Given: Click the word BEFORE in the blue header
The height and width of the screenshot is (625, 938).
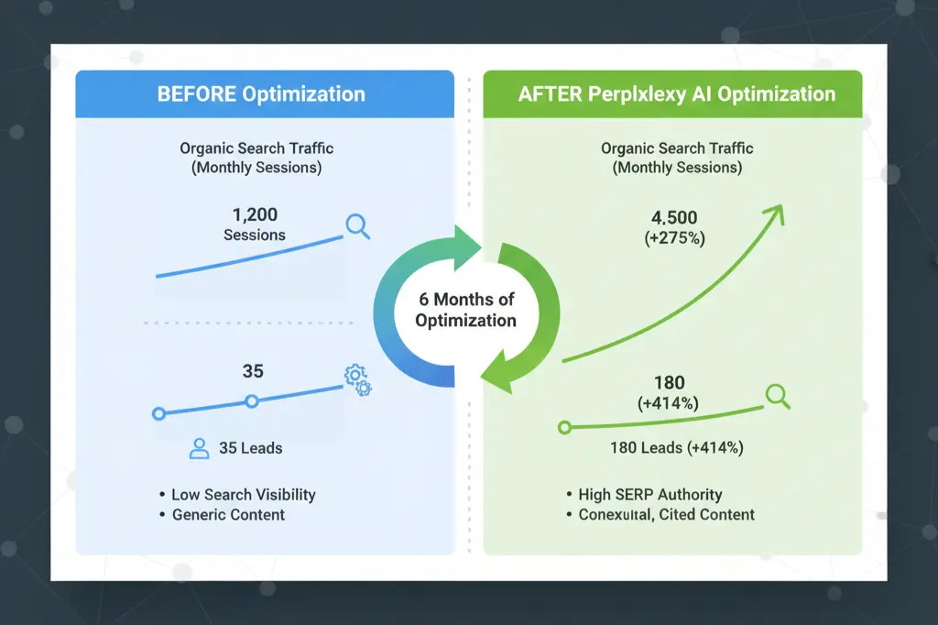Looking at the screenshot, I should coord(197,94).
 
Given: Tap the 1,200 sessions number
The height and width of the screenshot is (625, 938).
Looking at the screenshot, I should coord(254,215).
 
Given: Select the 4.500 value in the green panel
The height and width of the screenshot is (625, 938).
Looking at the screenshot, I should coord(673,218).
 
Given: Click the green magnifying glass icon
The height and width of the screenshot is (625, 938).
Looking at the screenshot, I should coord(778,395).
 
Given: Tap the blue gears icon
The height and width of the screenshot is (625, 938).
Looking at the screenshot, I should coord(357,379).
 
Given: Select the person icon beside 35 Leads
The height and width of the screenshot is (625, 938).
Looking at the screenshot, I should coord(199,448).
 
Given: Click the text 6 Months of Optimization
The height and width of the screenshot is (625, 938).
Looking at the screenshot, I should coord(465,310).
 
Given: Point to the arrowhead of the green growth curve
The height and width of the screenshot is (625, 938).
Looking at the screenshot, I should coord(777,213).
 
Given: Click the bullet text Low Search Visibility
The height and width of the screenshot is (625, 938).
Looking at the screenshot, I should coord(243,495).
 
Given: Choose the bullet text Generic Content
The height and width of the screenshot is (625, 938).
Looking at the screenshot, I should coord(228,515).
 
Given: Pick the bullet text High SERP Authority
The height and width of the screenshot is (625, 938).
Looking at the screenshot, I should coord(649,495).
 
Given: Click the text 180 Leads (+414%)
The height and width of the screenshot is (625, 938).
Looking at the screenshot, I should coord(676,448).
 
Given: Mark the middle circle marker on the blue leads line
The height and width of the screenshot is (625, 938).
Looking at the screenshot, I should coord(252,400).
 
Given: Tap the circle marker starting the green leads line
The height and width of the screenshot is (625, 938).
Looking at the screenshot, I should coord(564,427).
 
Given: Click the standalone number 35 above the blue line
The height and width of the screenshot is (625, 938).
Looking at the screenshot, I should coord(253,371).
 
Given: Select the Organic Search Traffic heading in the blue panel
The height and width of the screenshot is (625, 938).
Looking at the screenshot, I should coord(256,148).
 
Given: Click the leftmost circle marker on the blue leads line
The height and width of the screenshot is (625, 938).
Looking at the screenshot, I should coord(158,414).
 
